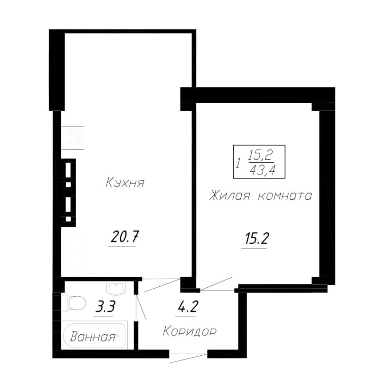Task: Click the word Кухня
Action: pos(125,183)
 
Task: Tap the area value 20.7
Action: pos(124,237)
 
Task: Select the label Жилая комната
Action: pos(261,195)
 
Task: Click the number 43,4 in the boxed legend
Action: pos(263,170)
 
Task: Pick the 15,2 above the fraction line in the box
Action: pos(260,155)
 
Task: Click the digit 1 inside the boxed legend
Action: pos(239,163)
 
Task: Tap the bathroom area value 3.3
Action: pos(105,306)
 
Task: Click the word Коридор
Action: pos(190,331)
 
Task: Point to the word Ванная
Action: pos(93,337)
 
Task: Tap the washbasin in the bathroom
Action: pos(116,289)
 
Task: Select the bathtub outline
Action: pos(94,335)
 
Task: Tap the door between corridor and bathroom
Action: pos(141,307)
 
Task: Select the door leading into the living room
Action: pos(217,284)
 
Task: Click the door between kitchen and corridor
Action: pos(161,285)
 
